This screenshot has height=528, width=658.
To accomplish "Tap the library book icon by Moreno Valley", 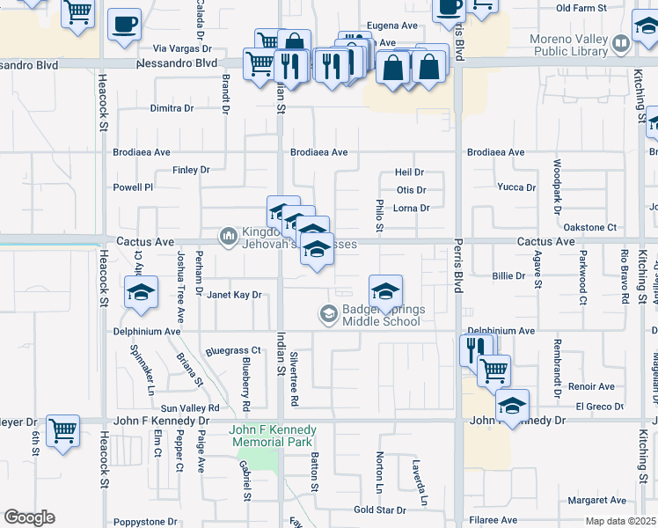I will (x=621, y=42).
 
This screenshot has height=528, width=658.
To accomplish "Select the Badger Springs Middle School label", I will (x=381, y=314).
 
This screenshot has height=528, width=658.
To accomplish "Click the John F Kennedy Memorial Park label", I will (x=273, y=436).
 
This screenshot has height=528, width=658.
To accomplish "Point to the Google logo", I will (x=29, y=517).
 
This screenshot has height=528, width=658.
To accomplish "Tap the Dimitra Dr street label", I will (x=172, y=108).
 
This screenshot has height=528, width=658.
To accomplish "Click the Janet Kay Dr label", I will (x=234, y=295).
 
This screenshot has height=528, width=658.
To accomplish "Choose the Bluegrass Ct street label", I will (x=233, y=350).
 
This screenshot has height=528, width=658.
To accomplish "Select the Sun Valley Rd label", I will (x=189, y=408).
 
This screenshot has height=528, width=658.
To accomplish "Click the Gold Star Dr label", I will (x=379, y=510).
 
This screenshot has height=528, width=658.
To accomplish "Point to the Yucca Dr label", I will (x=516, y=187).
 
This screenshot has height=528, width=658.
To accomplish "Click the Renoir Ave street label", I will (x=591, y=386).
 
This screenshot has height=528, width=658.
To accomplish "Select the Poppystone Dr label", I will (x=141, y=521).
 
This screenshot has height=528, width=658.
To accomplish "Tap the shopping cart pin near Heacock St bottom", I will (x=62, y=431).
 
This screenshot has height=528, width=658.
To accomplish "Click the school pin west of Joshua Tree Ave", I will (x=140, y=294).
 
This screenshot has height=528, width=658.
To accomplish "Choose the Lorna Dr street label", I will (x=412, y=209).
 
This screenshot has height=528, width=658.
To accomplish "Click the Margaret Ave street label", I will (x=596, y=500).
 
